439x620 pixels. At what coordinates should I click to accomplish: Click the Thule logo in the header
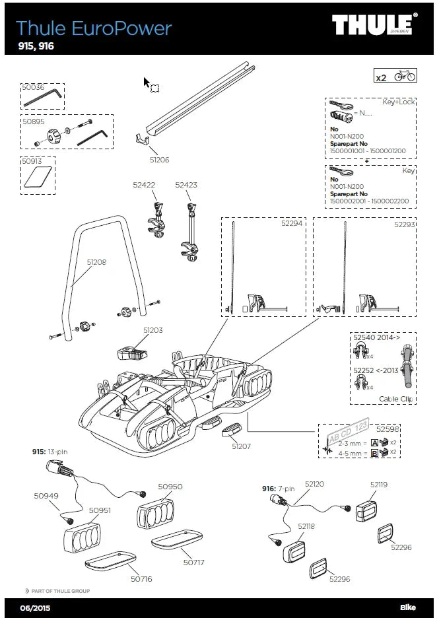coord(374,26)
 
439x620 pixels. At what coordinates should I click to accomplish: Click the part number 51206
coord(159,160)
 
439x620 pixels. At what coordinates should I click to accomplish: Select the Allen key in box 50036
coord(43,99)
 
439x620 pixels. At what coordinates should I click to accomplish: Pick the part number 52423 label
coord(186,186)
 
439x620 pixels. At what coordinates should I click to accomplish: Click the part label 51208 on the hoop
coord(96,261)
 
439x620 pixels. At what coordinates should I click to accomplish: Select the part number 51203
coord(152,329)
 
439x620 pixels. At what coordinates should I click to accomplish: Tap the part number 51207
coord(242,446)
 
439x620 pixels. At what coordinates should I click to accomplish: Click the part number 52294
coord(291,224)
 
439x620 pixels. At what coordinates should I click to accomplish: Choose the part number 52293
coord(404,224)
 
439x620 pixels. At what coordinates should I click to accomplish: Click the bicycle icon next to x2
coord(405,77)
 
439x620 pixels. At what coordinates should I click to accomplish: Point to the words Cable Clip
coord(396,399)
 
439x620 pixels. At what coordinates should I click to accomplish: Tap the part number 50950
coord(170,487)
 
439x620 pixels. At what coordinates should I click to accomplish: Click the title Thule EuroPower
coord(93,28)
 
